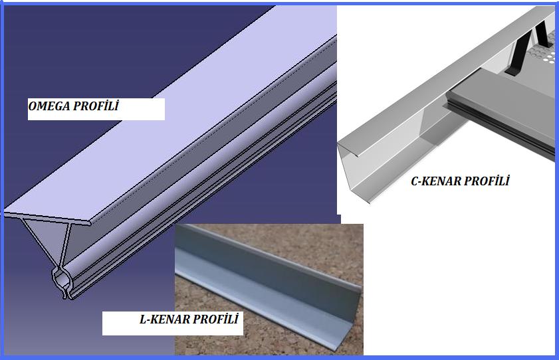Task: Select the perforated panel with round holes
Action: (x=540, y=52)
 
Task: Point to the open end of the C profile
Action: (x=353, y=171)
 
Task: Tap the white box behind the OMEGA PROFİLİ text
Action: (x=96, y=109)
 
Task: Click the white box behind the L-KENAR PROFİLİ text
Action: (x=173, y=323)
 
